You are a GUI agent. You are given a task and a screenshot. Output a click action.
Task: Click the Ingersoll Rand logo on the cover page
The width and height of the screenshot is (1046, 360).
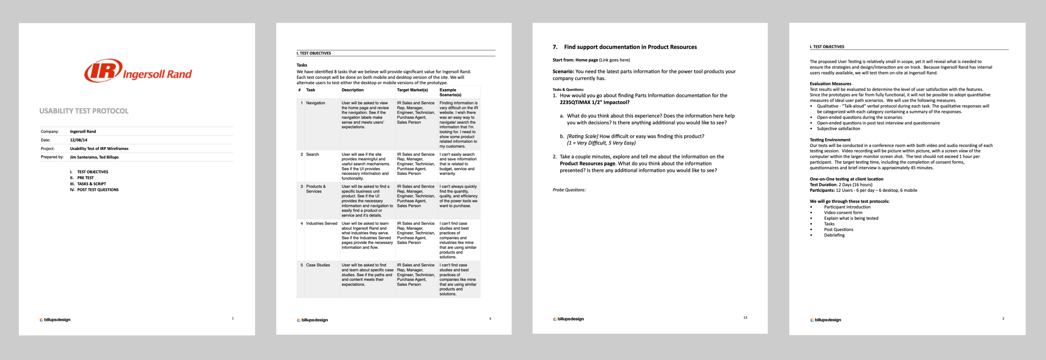[138, 71]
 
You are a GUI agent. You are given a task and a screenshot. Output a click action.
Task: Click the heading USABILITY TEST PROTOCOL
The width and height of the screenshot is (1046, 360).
[84, 111]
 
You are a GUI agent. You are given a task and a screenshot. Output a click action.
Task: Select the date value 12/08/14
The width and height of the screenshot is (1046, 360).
[79, 140]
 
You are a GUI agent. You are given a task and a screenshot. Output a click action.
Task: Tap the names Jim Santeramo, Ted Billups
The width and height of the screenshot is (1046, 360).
[94, 157]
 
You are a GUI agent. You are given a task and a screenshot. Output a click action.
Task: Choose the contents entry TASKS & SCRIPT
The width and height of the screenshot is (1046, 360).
[91, 184]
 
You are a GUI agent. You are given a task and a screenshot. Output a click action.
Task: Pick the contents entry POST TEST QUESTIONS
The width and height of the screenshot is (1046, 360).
[98, 190]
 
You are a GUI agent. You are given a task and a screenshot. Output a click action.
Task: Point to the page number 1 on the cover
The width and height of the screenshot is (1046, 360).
[233, 319]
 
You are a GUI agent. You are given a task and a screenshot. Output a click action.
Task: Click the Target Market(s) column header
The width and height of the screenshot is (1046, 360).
[412, 90]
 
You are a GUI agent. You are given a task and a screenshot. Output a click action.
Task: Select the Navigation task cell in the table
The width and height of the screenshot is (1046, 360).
[316, 103]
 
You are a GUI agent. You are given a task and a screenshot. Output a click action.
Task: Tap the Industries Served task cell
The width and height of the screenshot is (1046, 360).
[322, 224]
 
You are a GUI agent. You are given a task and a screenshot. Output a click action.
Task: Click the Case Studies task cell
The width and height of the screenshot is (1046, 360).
[318, 265]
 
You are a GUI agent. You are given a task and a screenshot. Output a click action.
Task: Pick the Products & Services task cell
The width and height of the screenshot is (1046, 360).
[316, 189]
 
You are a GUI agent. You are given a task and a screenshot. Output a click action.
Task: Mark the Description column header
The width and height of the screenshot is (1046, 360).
[353, 90]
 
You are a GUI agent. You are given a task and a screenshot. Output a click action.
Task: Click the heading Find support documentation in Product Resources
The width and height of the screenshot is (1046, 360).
[630, 47]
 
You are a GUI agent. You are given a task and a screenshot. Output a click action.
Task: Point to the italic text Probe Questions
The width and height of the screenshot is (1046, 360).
[569, 190]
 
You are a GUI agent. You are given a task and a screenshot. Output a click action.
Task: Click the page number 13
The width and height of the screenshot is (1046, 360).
[745, 318]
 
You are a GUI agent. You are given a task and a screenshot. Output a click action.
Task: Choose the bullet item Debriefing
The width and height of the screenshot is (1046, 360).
[834, 235]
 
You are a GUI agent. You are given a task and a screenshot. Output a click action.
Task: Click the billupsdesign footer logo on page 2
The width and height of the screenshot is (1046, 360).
[826, 320]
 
